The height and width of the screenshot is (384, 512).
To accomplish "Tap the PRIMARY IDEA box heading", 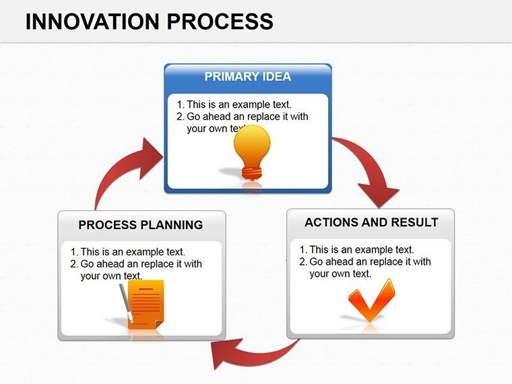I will (x=247, y=77).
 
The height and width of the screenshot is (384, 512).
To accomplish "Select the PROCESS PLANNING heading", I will (x=140, y=225).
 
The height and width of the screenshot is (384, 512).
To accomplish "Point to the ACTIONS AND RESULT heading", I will (x=371, y=222).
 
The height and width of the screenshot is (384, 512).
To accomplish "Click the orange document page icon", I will (x=146, y=304).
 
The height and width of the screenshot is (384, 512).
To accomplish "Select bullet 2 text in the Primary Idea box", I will (x=247, y=117).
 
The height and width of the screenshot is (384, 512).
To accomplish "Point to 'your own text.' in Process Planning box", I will (x=111, y=276).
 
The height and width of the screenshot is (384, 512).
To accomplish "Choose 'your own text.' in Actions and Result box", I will (x=340, y=274).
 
